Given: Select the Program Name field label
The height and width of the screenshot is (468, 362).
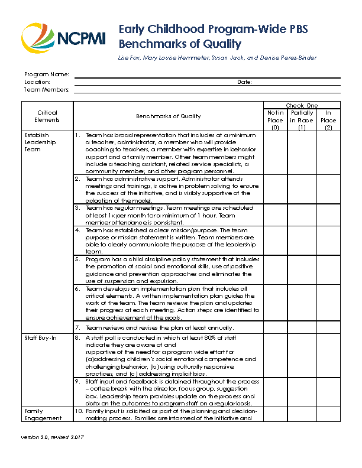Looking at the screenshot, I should pos(47,74).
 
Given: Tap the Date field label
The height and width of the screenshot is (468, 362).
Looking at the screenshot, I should pos(244,82).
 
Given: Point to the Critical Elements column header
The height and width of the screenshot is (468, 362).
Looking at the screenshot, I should pos(47,116).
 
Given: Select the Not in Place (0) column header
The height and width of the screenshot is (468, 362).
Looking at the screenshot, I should pos(275,120).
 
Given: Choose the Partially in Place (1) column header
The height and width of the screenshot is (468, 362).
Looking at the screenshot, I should pos(302,120).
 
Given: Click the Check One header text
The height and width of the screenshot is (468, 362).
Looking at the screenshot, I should pos(302,105).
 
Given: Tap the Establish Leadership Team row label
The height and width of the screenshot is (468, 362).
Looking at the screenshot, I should pos(41,142).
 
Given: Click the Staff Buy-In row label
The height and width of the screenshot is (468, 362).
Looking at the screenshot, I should pos(40,338).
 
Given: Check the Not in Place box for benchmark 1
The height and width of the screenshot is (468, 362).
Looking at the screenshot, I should pos(275,152).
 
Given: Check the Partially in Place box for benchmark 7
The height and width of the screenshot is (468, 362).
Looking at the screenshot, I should pos(302,327).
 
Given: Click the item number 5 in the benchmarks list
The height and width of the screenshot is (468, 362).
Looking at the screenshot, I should pos(77,259).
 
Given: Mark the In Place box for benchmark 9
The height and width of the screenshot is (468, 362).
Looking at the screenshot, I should pos(328,392).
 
